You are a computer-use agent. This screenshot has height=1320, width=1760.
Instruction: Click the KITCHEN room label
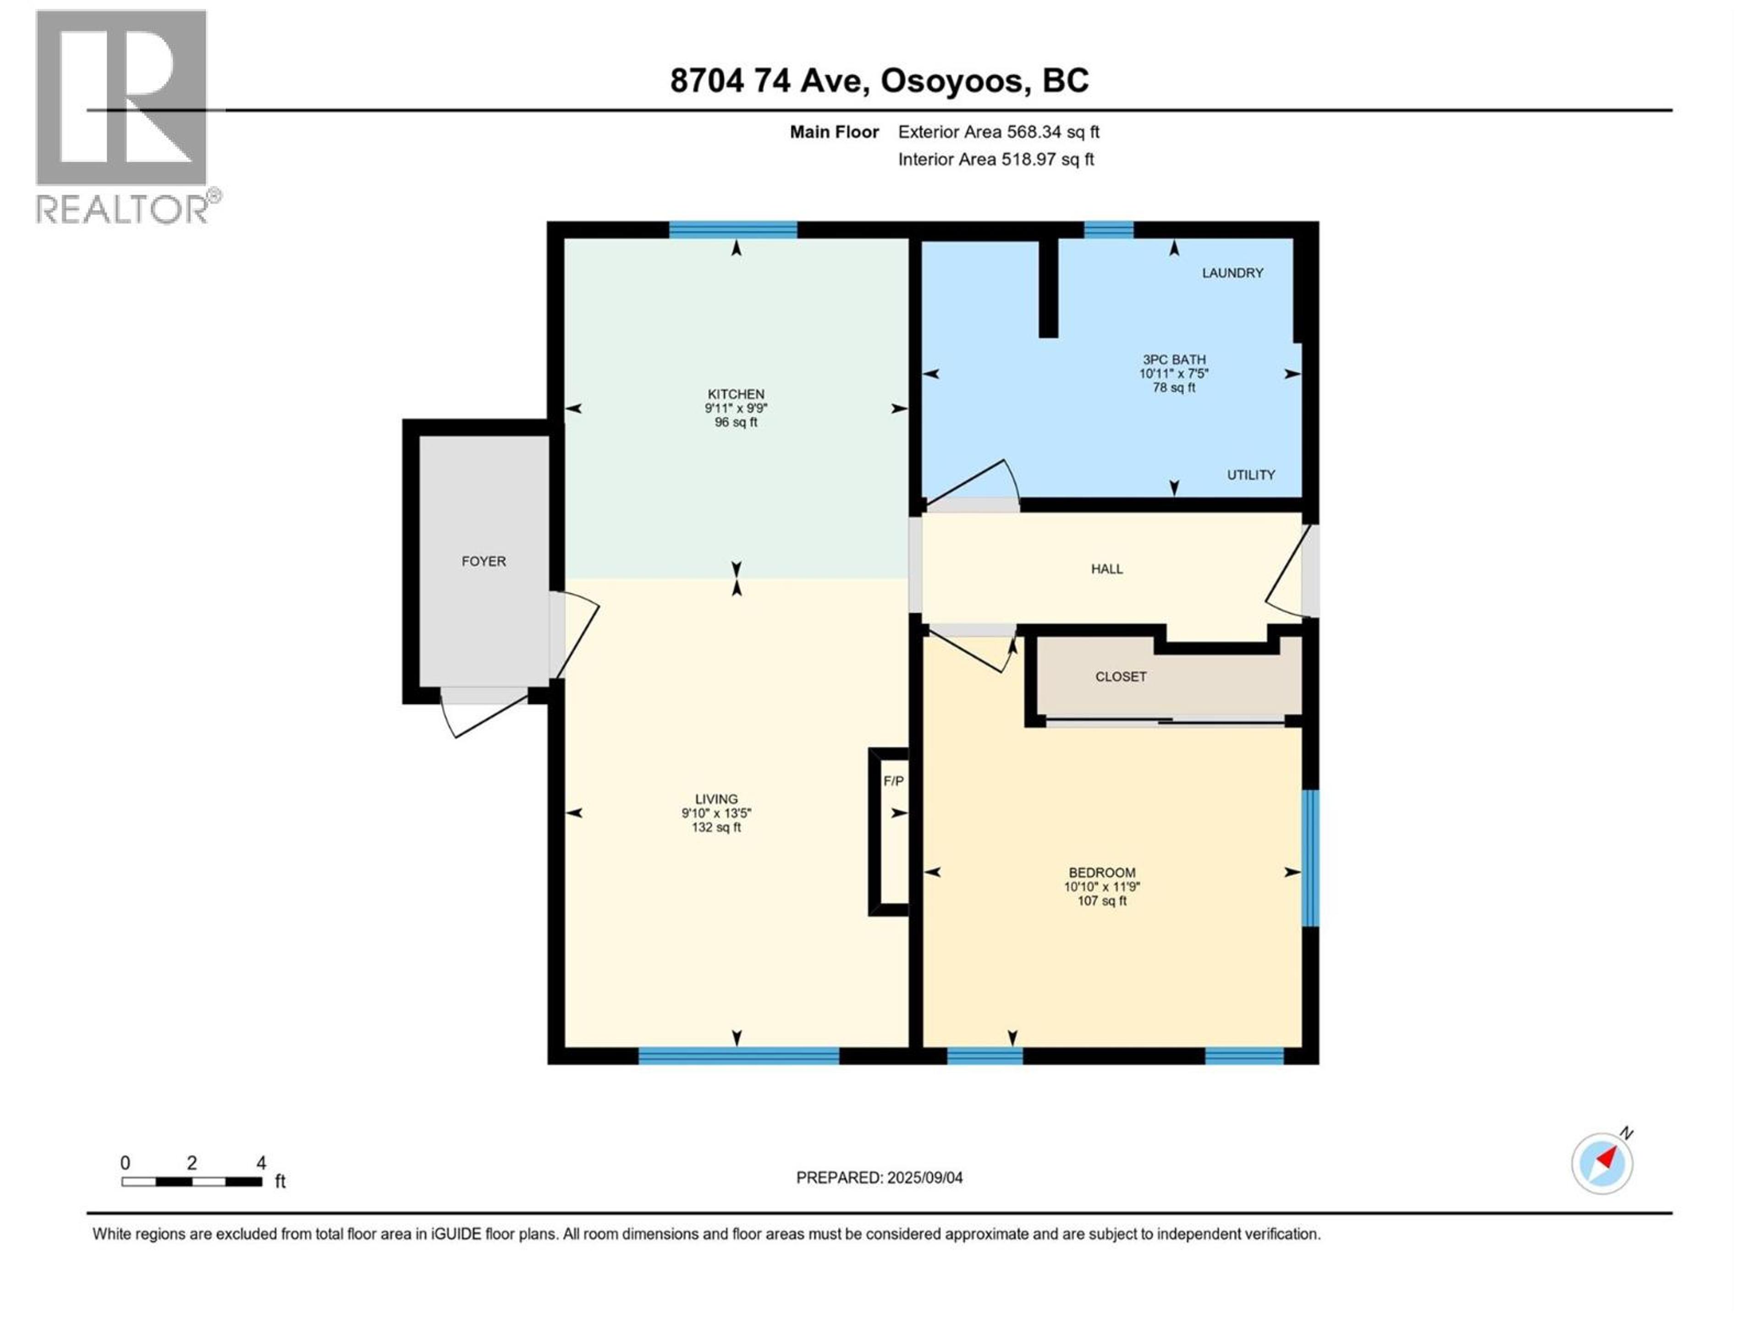coord(736,394)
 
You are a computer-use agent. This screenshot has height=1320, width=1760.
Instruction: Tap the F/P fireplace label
coord(894,781)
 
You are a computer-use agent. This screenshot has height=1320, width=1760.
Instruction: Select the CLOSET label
coord(1120,676)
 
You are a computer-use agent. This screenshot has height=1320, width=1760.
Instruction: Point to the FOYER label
coord(483,561)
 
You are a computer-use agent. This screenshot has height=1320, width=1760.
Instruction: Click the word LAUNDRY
coord(1232,273)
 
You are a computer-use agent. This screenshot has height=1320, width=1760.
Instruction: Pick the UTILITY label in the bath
coord(1250,475)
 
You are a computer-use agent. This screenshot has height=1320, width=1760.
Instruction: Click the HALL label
coord(1107,569)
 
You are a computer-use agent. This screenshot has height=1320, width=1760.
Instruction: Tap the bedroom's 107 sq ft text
coord(1102,901)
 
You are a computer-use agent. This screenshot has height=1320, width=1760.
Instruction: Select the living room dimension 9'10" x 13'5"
coord(716,813)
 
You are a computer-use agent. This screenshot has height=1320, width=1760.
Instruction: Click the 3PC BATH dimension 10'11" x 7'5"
coord(1174,373)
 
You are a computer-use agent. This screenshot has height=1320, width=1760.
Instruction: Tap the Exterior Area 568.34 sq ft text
coord(999,132)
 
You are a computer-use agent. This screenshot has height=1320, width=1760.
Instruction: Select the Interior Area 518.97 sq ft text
coord(995,159)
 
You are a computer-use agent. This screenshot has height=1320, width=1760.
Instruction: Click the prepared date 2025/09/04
coord(879,1177)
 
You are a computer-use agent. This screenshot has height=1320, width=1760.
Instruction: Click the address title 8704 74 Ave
coord(879,80)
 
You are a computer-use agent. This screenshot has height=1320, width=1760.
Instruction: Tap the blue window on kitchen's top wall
coord(733,230)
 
